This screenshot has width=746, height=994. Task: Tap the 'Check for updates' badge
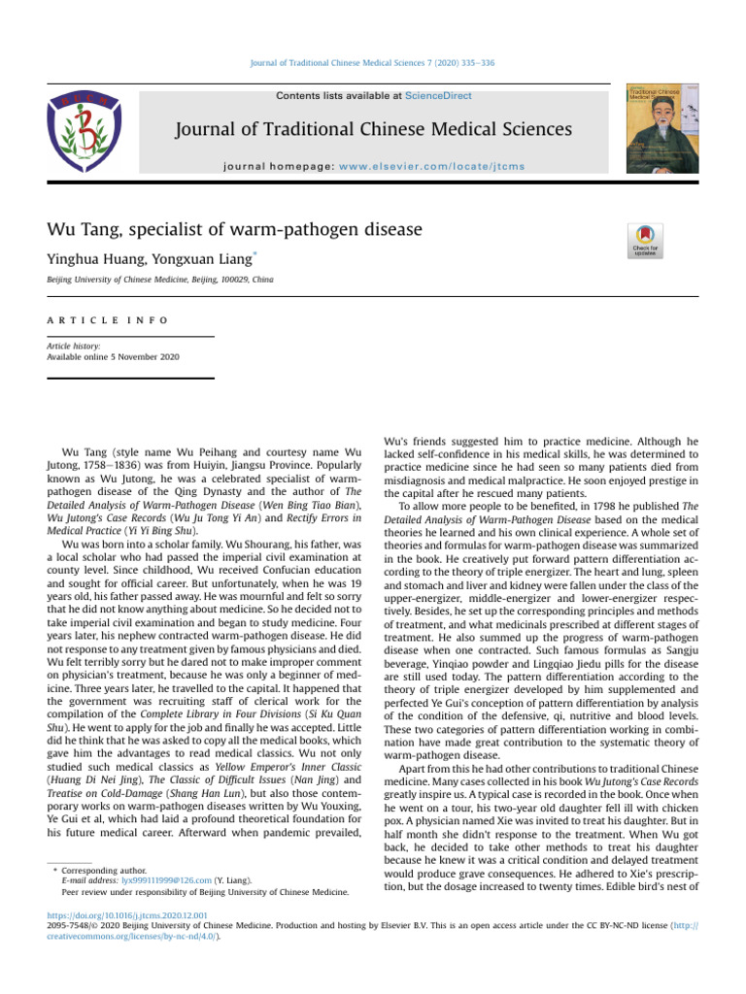(x=646, y=240)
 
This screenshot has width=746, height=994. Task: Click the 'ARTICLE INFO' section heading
(x=108, y=319)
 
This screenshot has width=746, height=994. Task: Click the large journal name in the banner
(x=372, y=130)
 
